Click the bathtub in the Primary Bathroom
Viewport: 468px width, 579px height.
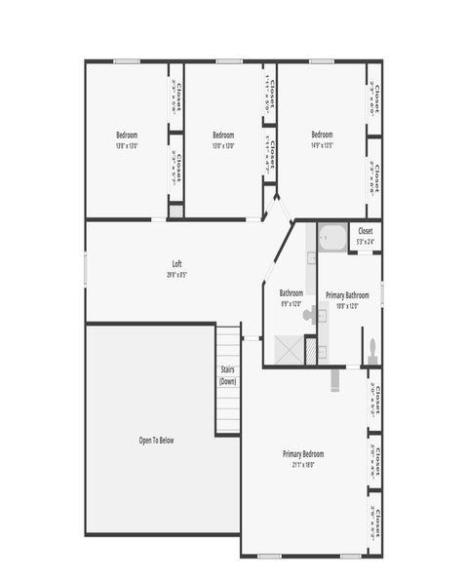coord(332,238)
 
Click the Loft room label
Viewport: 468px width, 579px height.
coord(176,263)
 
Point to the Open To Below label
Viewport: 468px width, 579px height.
coord(156,441)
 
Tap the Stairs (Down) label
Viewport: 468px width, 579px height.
coord(227,375)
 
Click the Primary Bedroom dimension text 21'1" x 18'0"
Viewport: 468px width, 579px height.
coord(303,465)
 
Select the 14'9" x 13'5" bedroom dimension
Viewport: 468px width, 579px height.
coord(322,146)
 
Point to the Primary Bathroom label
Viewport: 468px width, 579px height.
coord(347,294)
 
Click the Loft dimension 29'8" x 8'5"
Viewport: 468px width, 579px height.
coord(176,275)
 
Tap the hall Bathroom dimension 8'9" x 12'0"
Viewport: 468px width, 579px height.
coord(292,304)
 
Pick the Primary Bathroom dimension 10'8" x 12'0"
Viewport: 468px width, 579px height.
coord(347,305)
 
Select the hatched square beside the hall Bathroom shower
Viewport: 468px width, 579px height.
coord(311,350)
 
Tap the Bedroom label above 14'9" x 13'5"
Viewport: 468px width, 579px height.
coord(322,135)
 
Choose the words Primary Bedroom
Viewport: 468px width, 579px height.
coord(303,454)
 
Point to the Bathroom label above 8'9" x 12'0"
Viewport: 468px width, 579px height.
coord(292,292)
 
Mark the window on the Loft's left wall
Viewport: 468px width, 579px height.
coord(86,270)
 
